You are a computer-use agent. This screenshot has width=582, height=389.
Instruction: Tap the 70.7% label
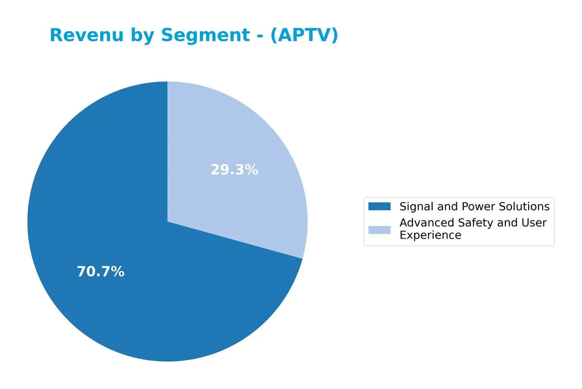(100, 272)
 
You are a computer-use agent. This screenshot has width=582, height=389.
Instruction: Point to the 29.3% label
(234, 170)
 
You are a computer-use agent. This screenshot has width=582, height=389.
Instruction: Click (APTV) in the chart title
(304, 35)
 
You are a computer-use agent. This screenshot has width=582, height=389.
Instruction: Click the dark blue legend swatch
(379, 207)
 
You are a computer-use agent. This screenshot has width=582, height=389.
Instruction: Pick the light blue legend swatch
(379, 229)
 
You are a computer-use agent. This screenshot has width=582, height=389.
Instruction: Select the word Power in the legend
(478, 207)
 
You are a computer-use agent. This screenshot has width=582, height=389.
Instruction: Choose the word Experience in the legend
(430, 235)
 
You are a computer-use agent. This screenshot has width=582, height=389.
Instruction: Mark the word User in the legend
(534, 223)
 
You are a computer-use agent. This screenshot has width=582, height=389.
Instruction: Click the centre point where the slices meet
(167, 222)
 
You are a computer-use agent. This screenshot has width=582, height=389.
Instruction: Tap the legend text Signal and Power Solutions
(474, 207)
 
